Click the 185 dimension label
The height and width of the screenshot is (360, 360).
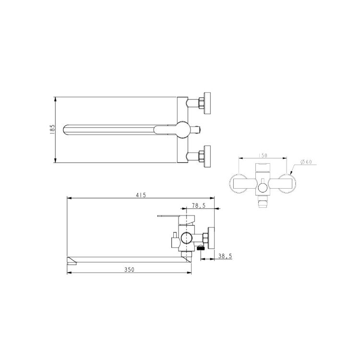[53, 129]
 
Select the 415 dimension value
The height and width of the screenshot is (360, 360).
[141, 195]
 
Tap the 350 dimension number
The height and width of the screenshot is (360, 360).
[129, 270]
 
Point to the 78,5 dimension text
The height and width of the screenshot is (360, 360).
[199, 206]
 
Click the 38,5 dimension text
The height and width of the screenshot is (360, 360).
[225, 256]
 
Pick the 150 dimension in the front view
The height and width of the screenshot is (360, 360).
[263, 156]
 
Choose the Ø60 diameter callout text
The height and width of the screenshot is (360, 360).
[306, 162]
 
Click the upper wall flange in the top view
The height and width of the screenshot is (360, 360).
[207, 103]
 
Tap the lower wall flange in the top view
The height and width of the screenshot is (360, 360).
[207, 156]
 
